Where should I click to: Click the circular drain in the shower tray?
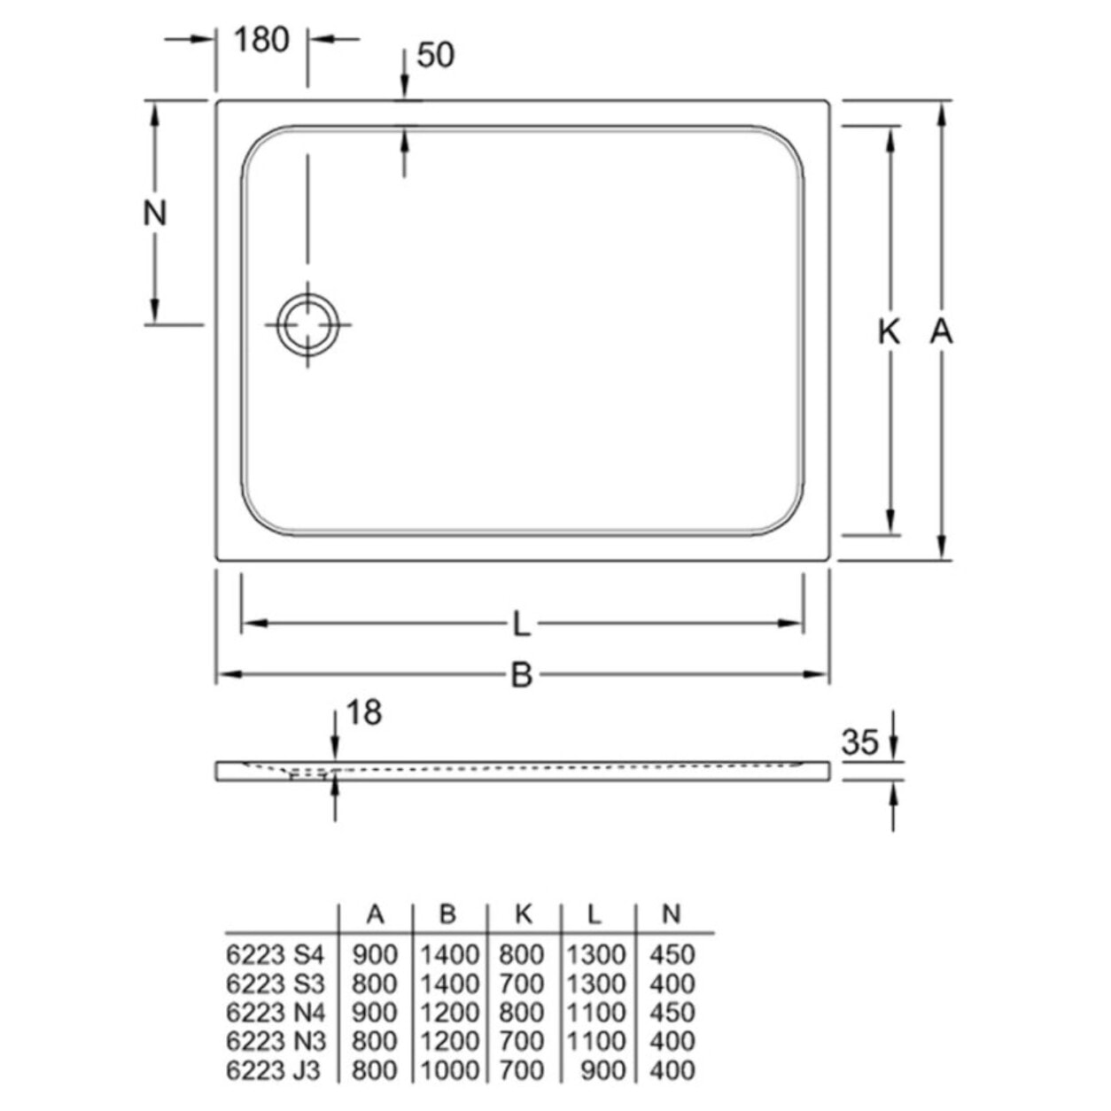pyautogui.click(x=307, y=324)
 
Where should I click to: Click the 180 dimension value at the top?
pyautogui.click(x=261, y=40)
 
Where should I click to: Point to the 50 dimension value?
pyautogui.click(x=435, y=55)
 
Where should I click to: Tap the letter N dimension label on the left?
pyautogui.click(x=155, y=214)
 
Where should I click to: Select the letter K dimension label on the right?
pyautogui.click(x=889, y=332)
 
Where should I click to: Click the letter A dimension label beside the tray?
pyautogui.click(x=941, y=332)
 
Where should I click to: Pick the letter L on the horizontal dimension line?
pyautogui.click(x=522, y=625)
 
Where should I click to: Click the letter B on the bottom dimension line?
pyautogui.click(x=522, y=676)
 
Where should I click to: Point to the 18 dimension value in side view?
pyautogui.click(x=363, y=712)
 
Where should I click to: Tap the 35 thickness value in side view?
pyautogui.click(x=859, y=742)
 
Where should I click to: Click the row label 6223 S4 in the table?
pyautogui.click(x=276, y=955)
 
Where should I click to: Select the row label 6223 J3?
pyautogui.click(x=273, y=1070)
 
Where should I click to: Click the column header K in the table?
pyautogui.click(x=524, y=915)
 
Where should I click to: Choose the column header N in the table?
pyautogui.click(x=672, y=915)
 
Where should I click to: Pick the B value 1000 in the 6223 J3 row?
pyautogui.click(x=449, y=1070)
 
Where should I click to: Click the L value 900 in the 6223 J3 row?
pyautogui.click(x=602, y=1070)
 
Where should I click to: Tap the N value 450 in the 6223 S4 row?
pyautogui.click(x=672, y=955)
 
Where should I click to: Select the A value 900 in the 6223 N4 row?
pyautogui.click(x=375, y=1013)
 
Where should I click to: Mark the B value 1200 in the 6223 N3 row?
pyautogui.click(x=449, y=1041)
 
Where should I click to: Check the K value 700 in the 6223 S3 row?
pyautogui.click(x=522, y=983)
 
